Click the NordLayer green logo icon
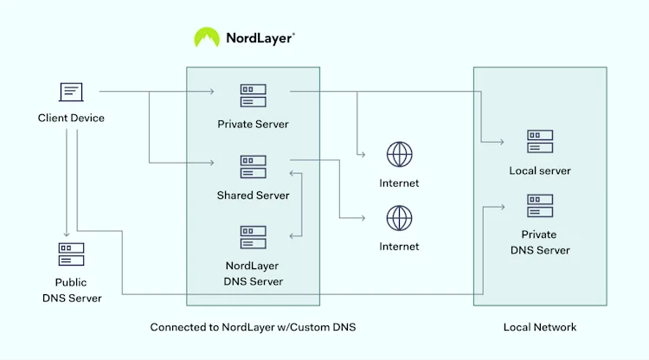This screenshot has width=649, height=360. (x=207, y=37)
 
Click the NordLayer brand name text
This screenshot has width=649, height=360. (x=259, y=38)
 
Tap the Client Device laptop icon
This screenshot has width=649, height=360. (x=71, y=91)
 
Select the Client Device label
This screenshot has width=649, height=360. (x=71, y=118)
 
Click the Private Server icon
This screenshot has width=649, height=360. (x=253, y=96)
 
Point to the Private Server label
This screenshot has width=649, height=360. (x=253, y=124)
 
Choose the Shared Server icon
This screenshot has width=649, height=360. (x=253, y=167)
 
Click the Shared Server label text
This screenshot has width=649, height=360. (x=253, y=196)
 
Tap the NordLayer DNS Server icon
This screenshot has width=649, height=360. (x=253, y=237)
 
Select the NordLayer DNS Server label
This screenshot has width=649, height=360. (x=253, y=273)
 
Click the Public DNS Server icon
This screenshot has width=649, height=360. (x=71, y=254)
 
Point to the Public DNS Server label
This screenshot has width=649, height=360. (x=71, y=290)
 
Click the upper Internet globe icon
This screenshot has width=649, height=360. (x=399, y=155)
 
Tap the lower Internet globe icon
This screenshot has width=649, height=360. (x=399, y=217)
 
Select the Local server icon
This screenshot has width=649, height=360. (x=540, y=142)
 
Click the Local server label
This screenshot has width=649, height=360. (x=540, y=170)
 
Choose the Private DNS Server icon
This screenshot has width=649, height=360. (x=540, y=206)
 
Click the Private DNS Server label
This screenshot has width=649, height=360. (x=540, y=242)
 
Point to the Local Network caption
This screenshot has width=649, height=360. (x=540, y=327)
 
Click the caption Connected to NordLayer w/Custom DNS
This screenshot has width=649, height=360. (x=253, y=327)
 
